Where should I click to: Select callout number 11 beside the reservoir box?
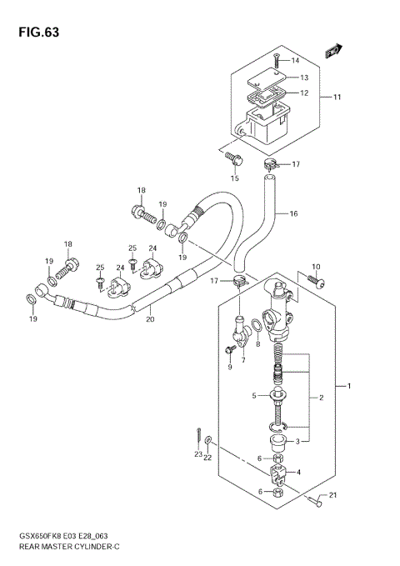338,98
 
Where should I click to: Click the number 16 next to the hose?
293,214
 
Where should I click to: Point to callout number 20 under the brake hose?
150,318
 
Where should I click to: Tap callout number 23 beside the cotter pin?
198,454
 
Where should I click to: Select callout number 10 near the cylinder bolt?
315,267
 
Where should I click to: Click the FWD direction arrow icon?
333,51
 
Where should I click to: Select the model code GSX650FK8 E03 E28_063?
57,536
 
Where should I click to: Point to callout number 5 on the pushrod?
255,396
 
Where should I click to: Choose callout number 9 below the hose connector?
229,367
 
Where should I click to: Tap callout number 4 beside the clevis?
299,473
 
